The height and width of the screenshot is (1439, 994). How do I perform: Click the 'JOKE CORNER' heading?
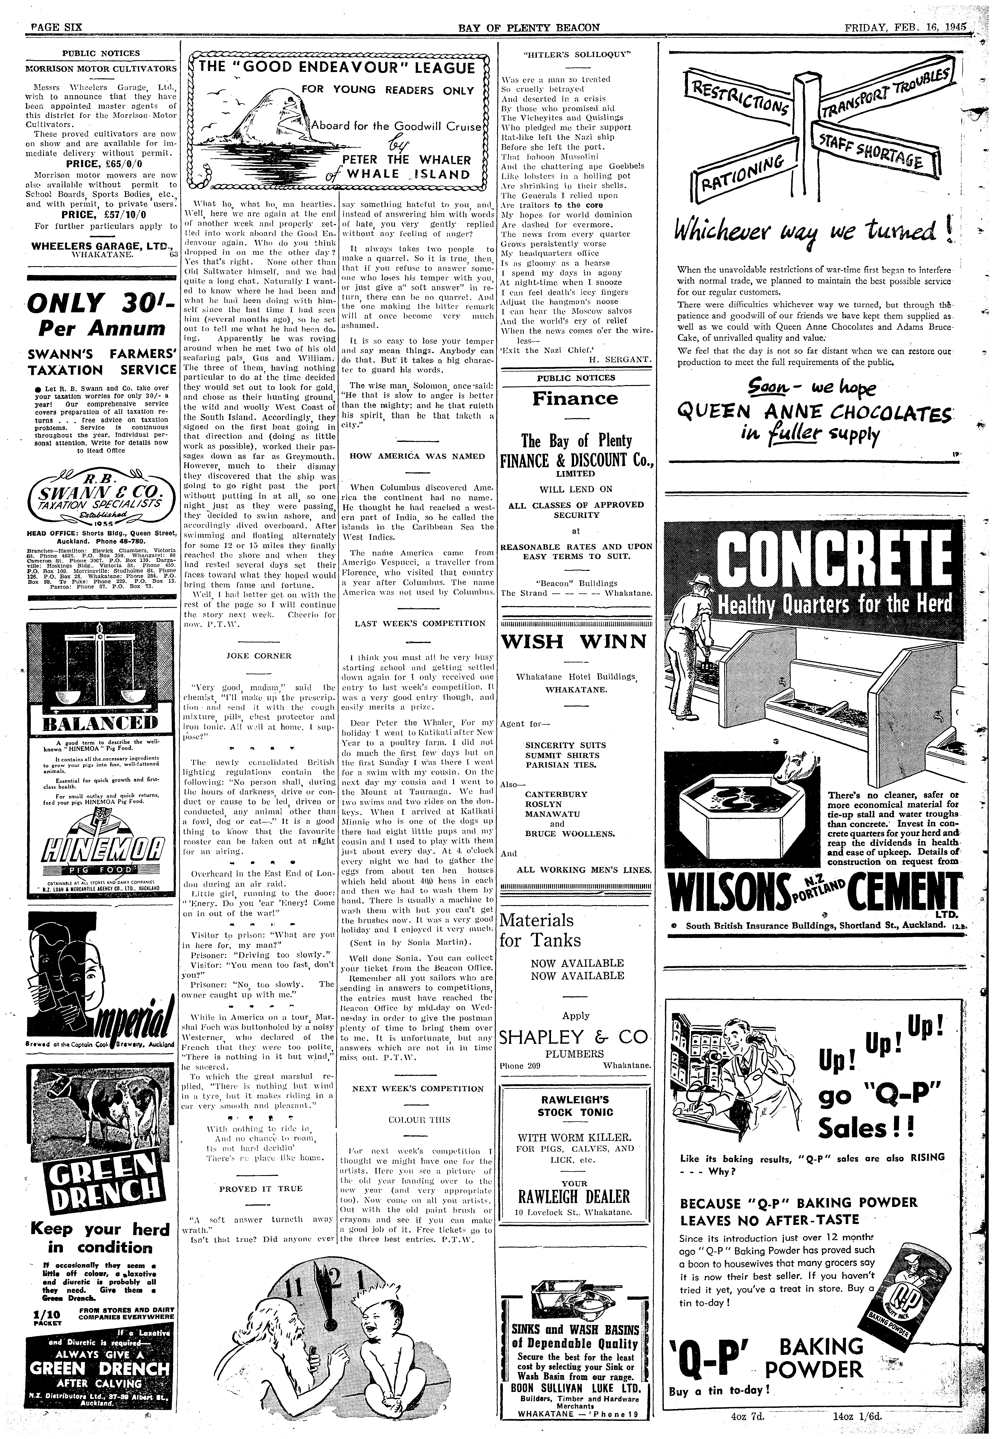[259, 655]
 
